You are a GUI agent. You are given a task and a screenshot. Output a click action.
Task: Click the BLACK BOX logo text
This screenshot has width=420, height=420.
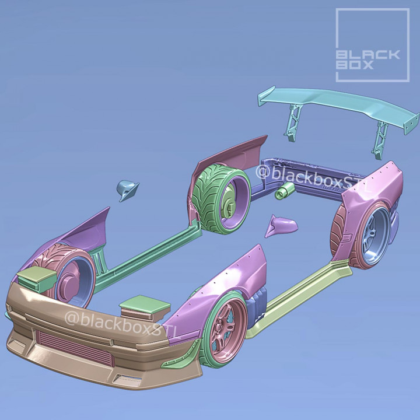click(368, 60)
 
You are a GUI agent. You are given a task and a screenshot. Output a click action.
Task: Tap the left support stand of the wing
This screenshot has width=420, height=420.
click(292, 125)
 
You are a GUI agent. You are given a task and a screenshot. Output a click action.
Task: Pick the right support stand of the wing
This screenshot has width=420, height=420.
click(380, 136)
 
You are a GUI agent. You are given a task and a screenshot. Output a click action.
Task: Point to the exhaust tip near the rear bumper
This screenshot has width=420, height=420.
click(284, 190)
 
